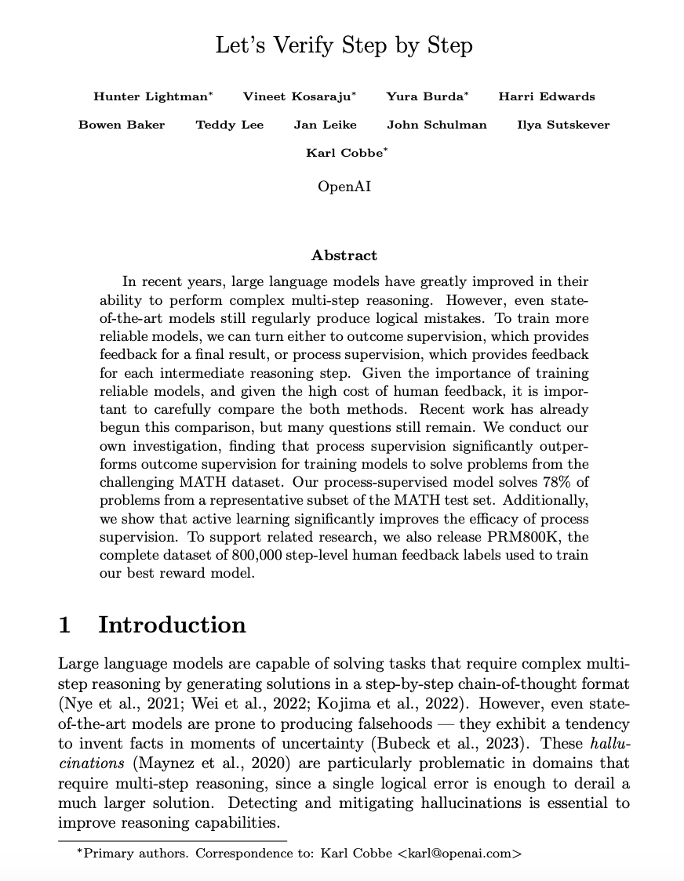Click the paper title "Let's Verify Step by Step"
pos(344,45)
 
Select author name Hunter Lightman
pos(151,96)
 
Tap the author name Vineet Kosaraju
pos(297,96)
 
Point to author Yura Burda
pos(425,96)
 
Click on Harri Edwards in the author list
pos(547,96)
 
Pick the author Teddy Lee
pos(230,125)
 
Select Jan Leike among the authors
pos(326,125)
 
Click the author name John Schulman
pos(437,125)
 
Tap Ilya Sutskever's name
pos(563,125)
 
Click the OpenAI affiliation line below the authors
pos(344,187)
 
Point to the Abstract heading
pos(344,256)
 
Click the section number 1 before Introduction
pos(65,625)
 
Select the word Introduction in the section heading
pos(172,625)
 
